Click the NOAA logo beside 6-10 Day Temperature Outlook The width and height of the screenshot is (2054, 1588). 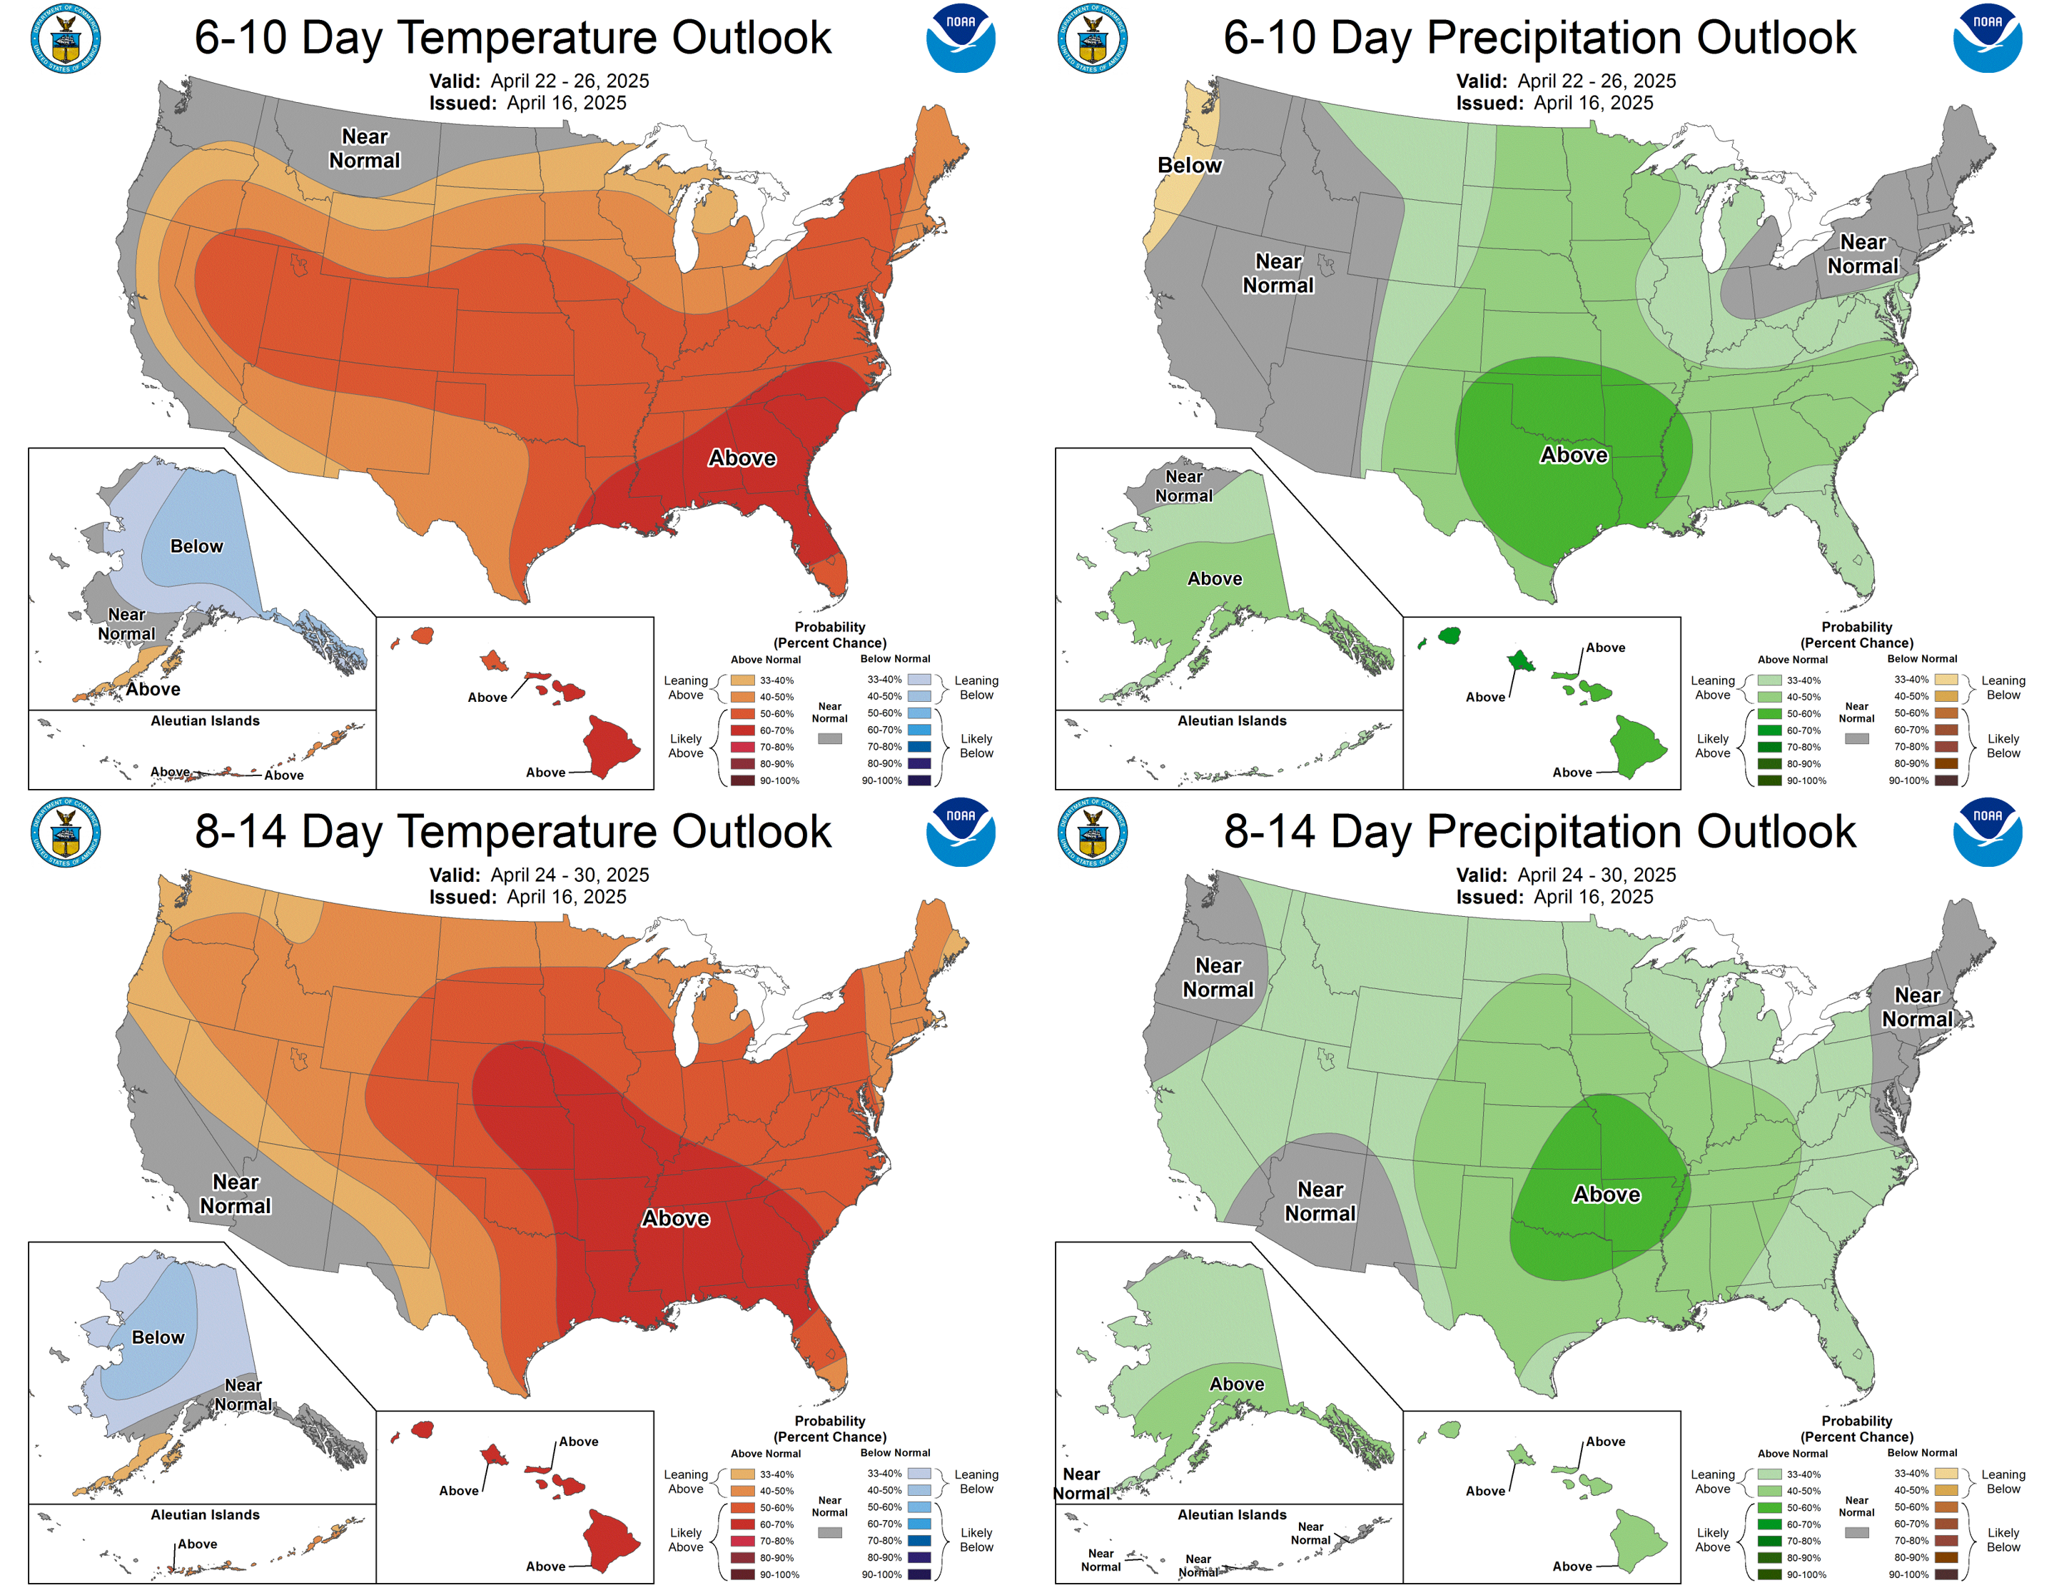pyautogui.click(x=960, y=39)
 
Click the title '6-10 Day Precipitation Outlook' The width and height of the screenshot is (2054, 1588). pyautogui.click(x=1539, y=39)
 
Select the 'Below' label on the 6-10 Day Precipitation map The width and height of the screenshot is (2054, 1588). pyautogui.click(x=1189, y=166)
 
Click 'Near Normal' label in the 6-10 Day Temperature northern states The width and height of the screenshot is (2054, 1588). pyautogui.click(x=364, y=149)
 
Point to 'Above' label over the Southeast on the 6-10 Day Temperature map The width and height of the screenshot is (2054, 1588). pyautogui.click(x=742, y=458)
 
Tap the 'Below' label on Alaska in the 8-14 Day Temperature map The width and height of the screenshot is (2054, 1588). pyautogui.click(x=158, y=1337)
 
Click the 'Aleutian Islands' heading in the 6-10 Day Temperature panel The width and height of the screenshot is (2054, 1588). pyautogui.click(x=205, y=720)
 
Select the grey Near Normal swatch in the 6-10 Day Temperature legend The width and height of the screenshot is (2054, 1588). pyautogui.click(x=829, y=738)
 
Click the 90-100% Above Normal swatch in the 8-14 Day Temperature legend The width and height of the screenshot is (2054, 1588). pyautogui.click(x=743, y=1574)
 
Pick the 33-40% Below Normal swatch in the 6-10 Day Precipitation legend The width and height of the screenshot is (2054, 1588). pyautogui.click(x=1946, y=679)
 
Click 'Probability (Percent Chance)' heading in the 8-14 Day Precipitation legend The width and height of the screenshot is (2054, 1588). pyautogui.click(x=1856, y=1428)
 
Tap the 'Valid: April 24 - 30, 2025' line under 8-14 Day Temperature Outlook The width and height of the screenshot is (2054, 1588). pyautogui.click(x=539, y=875)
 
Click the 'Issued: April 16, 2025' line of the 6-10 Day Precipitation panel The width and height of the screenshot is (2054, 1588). pyautogui.click(x=1554, y=103)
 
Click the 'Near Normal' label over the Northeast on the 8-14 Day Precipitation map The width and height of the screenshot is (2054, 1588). pyautogui.click(x=1917, y=1007)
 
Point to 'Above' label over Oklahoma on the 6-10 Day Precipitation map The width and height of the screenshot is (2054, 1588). pyautogui.click(x=1574, y=456)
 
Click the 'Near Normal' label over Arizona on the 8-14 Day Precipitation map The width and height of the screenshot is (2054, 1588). pyautogui.click(x=1320, y=1201)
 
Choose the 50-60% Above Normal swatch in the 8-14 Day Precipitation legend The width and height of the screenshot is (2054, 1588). pyautogui.click(x=1770, y=1507)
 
